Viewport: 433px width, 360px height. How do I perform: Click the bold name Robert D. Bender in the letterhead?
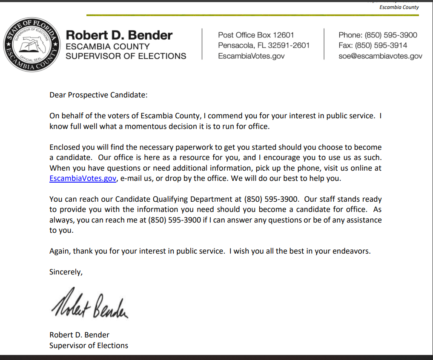pos(119,35)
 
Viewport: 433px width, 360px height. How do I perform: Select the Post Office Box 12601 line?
pos(256,35)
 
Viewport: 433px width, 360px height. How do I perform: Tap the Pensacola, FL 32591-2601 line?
pos(264,45)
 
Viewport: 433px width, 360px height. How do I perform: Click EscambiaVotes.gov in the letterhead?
pos(251,56)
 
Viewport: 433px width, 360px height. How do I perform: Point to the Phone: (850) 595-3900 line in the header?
pos(378,35)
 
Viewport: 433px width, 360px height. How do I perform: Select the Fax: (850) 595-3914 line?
pos(373,45)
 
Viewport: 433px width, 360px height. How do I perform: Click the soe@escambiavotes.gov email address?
pos(380,56)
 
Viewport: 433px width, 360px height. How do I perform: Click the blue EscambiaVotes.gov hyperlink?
pos(83,179)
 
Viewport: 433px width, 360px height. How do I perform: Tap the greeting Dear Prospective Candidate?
pos(98,94)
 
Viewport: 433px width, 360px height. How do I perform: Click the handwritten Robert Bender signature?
pos(89,304)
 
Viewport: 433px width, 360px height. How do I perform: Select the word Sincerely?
pos(65,272)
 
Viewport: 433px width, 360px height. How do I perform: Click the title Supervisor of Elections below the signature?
pos(89,346)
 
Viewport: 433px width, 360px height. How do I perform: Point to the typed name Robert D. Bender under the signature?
pos(79,335)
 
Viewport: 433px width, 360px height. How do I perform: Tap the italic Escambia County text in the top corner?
pos(399,7)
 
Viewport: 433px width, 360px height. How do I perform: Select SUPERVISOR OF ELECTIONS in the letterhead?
pos(126,56)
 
